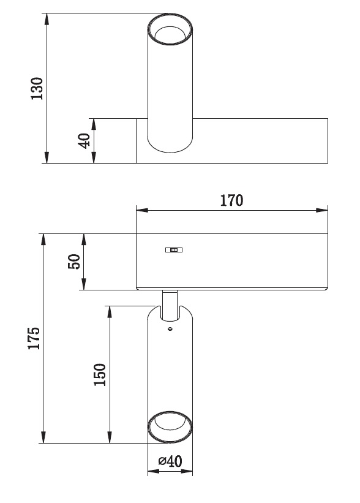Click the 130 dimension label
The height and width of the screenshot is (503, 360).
pyautogui.click(x=37, y=89)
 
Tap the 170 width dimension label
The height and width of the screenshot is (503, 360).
pyautogui.click(x=231, y=200)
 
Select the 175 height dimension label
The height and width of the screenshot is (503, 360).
pyautogui.click(x=34, y=338)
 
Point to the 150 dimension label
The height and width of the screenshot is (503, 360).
pyautogui.click(x=100, y=375)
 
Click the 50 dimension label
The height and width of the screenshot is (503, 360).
pyautogui.click(x=73, y=262)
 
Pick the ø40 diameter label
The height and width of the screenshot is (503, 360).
pyautogui.click(x=170, y=461)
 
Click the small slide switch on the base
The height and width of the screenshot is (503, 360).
pyautogui.click(x=174, y=249)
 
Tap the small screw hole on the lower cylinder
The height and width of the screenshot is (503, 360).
pyautogui.click(x=170, y=328)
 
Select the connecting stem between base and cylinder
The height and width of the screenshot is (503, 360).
pyautogui.click(x=170, y=305)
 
